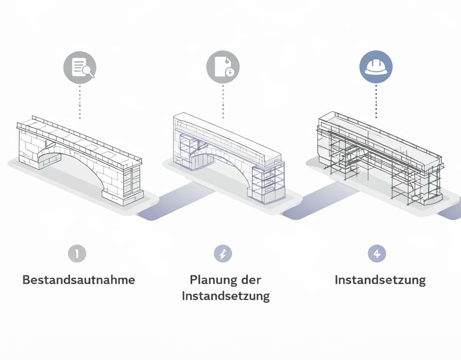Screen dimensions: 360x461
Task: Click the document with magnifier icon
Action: [x=80, y=66]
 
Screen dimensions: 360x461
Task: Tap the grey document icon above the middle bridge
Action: [x=223, y=66]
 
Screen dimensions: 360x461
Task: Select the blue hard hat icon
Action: [x=376, y=66]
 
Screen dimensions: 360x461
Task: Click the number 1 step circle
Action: [x=77, y=254]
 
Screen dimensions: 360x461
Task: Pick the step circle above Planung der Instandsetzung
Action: [x=223, y=254]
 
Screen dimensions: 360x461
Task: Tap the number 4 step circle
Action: [x=376, y=254]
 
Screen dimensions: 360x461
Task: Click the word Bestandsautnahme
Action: [x=79, y=280]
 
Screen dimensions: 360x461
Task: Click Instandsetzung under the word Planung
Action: [x=226, y=296]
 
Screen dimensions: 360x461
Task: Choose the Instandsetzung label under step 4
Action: [x=380, y=280]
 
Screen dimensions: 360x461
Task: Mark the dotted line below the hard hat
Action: [x=376, y=100]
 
